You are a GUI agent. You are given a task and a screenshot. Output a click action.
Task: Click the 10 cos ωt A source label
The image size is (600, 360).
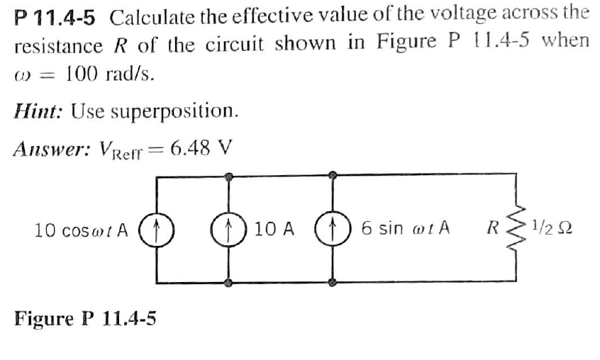82,230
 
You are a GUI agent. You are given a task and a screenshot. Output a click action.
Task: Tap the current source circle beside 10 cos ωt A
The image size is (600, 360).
157,230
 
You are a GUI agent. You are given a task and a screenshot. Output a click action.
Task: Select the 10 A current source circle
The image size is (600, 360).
228,230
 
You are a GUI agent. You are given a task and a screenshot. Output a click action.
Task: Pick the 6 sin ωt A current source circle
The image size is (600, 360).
332,230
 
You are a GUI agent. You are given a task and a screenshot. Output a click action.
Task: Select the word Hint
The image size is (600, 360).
33,111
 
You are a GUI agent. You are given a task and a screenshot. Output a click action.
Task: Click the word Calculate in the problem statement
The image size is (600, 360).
151,14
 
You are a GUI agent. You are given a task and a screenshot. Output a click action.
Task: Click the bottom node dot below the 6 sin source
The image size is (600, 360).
332,282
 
